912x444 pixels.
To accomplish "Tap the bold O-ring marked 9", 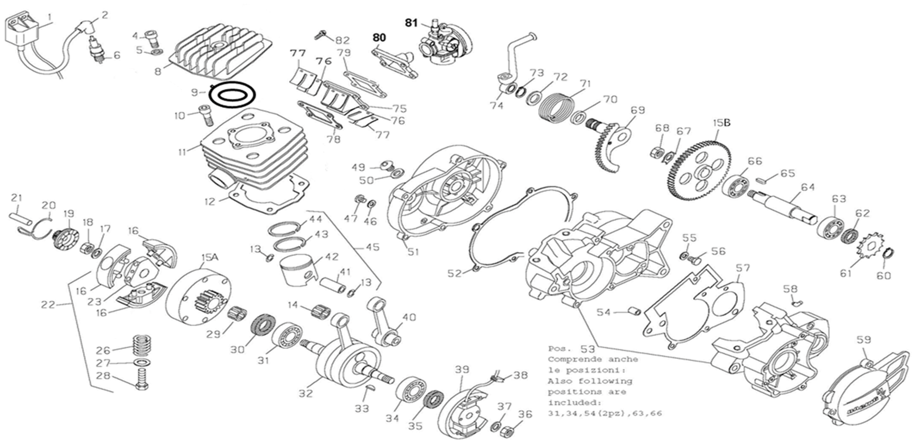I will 233,95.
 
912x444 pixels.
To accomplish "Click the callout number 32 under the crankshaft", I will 305,393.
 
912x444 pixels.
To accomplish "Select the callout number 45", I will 372,247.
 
